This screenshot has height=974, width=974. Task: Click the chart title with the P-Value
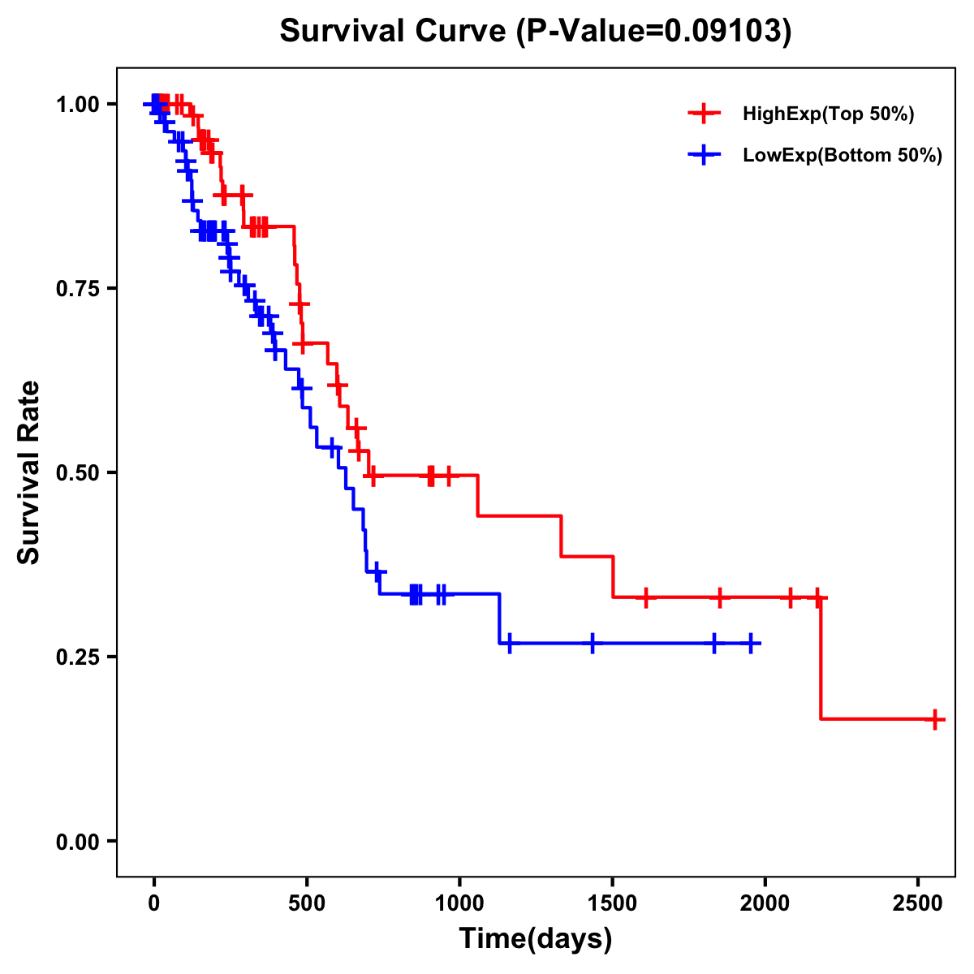(536, 31)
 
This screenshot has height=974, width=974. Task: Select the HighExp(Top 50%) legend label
(829, 114)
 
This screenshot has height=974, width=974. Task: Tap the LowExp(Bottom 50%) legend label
(843, 156)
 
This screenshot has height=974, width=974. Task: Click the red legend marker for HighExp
(704, 114)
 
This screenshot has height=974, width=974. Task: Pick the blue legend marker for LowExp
(704, 156)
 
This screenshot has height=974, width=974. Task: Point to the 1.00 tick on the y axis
(76, 105)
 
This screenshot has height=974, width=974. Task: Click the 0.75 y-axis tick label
(76, 289)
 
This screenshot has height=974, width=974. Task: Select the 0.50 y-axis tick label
(76, 473)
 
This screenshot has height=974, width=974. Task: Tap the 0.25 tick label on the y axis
(76, 657)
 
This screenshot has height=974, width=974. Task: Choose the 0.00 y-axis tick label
(76, 842)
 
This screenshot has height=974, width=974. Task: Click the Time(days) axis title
(536, 939)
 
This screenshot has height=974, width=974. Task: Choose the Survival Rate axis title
(29, 472)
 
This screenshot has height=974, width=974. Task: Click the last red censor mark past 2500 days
(935, 719)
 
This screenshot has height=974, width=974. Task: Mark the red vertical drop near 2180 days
(821, 657)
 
